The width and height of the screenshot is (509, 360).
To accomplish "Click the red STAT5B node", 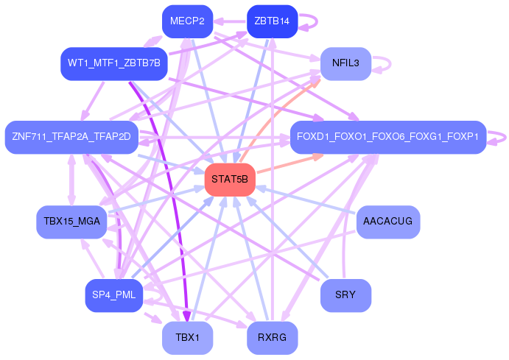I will click(230, 180).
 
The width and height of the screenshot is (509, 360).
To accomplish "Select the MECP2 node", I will click(187, 21).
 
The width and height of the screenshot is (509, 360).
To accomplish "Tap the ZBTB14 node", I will click(271, 21).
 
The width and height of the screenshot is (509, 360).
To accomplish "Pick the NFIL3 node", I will click(345, 63).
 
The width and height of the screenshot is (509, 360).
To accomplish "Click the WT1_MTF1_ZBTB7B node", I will click(113, 63).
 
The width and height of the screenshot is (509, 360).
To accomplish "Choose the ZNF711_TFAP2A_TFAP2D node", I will click(71, 137).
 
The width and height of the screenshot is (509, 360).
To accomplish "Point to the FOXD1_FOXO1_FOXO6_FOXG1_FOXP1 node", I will click(387, 137).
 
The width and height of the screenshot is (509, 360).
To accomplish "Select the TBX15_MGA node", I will click(71, 222).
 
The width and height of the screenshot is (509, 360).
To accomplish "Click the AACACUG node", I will click(387, 222).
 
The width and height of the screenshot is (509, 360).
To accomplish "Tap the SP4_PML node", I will click(113, 295).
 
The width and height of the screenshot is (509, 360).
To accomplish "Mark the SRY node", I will click(345, 295).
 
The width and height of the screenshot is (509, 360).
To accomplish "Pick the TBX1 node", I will click(187, 338).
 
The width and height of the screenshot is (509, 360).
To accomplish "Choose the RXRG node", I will click(271, 338).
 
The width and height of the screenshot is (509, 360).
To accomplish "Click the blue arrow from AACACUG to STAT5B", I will click(309, 202).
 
